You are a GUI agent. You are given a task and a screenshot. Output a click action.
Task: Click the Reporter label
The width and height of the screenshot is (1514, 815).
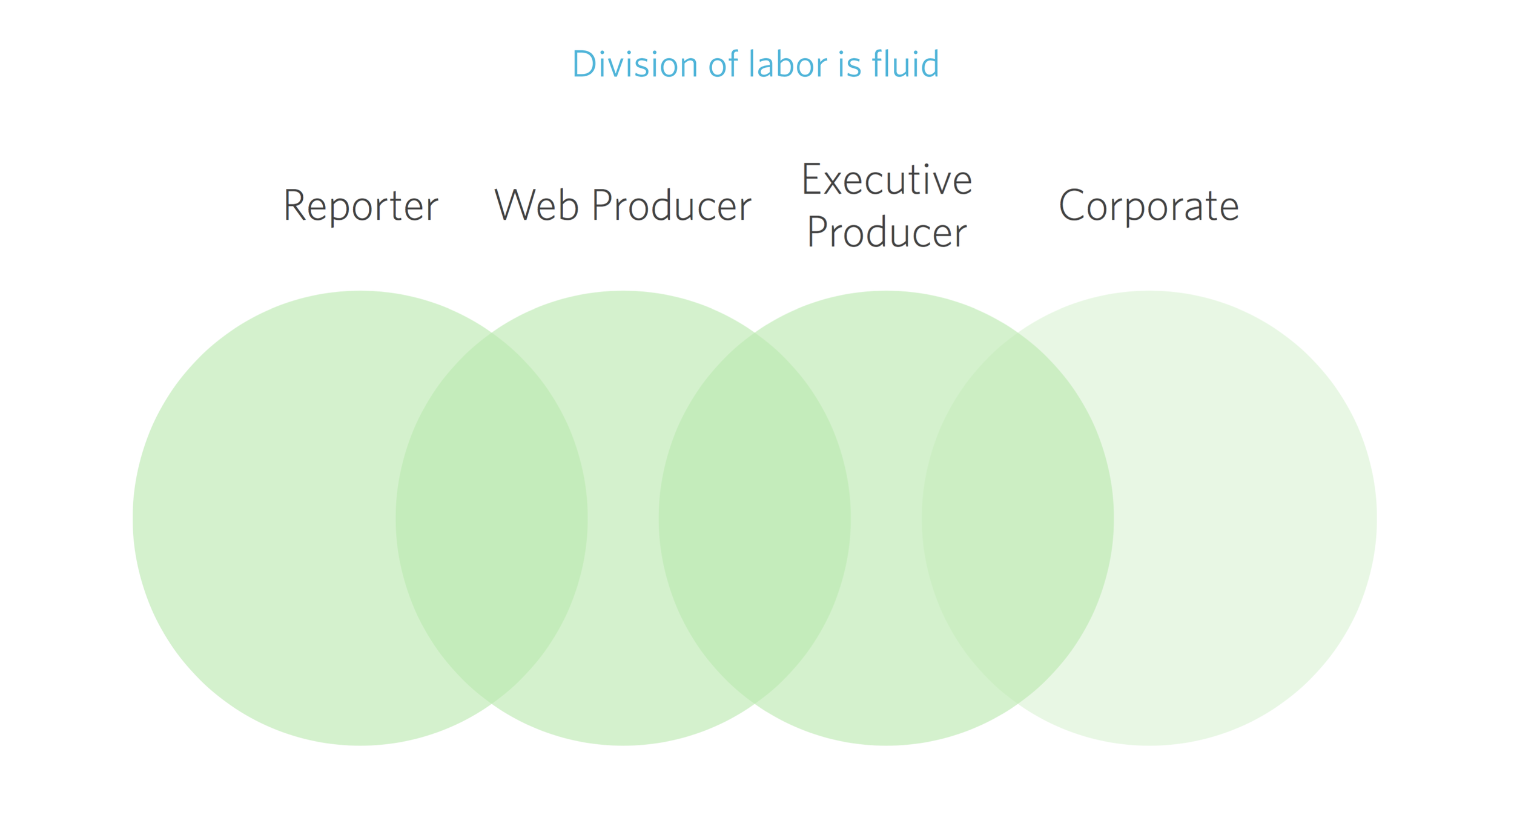click(360, 206)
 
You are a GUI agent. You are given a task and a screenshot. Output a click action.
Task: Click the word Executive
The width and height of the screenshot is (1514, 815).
click(887, 179)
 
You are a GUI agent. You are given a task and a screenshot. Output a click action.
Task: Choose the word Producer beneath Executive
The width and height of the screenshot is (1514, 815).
click(887, 232)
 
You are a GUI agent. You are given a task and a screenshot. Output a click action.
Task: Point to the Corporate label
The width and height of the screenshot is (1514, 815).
click(1149, 206)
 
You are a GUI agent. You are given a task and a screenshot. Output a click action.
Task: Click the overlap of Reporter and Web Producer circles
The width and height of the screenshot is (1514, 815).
click(492, 518)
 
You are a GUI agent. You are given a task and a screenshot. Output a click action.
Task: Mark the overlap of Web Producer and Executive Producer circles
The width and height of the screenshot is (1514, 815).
click(755, 518)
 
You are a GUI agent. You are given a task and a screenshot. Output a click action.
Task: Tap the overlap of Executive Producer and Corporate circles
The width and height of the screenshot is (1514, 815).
click(1017, 518)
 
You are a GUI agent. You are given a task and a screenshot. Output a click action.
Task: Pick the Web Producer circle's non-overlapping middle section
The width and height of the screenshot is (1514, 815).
click(623, 518)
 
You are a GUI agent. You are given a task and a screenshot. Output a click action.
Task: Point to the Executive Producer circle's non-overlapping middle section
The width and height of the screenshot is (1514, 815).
click(886, 518)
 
